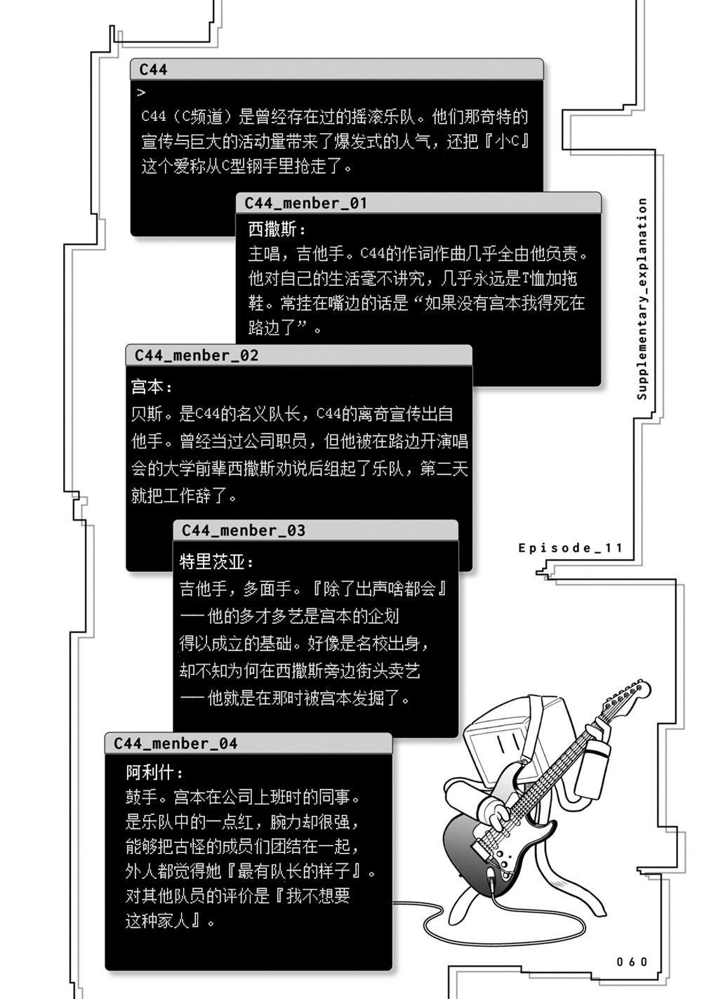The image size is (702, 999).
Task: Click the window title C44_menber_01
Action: click(306, 203)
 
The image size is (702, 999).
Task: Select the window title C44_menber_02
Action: click(197, 355)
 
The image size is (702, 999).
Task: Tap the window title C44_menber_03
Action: click(244, 530)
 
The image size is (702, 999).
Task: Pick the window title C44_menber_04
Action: click(175, 743)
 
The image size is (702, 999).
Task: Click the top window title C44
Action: click(153, 70)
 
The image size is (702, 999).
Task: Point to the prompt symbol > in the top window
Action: click(141, 92)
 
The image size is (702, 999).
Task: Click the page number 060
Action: click(632, 962)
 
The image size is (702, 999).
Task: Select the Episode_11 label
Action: click(571, 548)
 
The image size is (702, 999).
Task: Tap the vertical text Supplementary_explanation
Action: click(642, 299)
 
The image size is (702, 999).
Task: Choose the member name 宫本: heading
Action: click(152, 386)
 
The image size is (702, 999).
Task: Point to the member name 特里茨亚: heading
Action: click(217, 561)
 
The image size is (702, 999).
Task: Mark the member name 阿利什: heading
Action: click(154, 773)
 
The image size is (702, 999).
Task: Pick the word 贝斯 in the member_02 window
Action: click(147, 414)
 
